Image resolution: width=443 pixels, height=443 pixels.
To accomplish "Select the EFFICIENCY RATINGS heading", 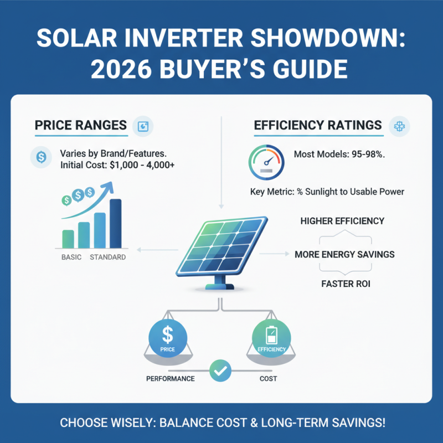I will [318, 126].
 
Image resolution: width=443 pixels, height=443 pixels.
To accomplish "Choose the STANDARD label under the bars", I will [107, 257].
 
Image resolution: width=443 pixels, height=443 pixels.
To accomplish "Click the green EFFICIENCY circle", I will [271, 338].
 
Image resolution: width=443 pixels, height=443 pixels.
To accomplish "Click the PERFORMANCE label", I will [170, 379].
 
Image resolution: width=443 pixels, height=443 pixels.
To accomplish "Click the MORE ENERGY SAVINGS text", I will [344, 255].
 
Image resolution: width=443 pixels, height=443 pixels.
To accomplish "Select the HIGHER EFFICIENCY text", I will [342, 221].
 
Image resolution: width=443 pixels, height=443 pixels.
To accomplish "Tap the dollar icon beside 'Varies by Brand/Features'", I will [40, 157].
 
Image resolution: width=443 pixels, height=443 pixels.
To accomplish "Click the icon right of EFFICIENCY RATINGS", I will [399, 126].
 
